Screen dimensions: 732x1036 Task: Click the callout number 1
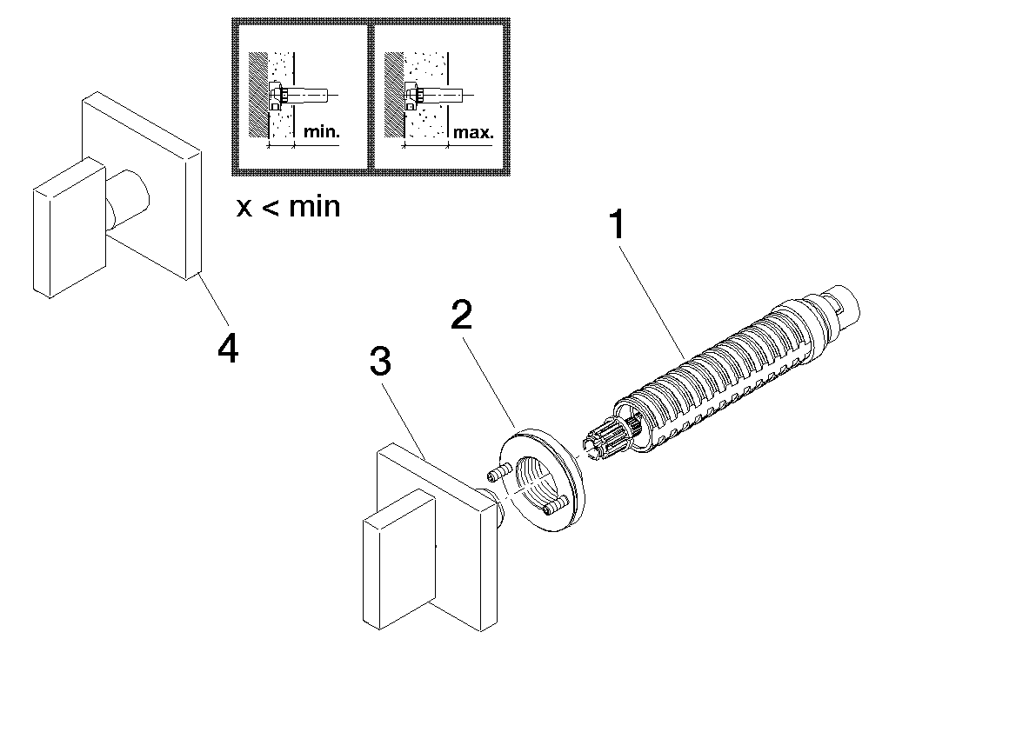click(617, 226)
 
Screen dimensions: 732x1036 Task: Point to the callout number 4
click(227, 349)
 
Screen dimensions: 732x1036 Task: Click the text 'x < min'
click(288, 207)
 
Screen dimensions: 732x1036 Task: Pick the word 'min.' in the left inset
click(322, 133)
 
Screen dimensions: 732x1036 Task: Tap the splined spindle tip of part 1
click(610, 439)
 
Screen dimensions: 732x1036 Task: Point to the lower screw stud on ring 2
click(553, 506)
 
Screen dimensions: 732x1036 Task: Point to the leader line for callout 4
click(213, 304)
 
